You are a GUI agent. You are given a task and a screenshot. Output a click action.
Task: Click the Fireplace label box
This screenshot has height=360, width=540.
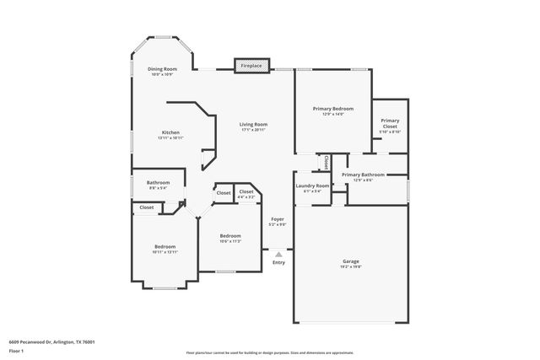(252, 66)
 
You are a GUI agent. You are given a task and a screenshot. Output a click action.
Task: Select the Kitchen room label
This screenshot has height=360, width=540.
(170, 133)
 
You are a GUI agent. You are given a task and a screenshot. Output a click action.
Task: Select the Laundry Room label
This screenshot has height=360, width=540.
(311, 186)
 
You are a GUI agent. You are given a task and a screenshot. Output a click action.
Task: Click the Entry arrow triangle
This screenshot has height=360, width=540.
(278, 253)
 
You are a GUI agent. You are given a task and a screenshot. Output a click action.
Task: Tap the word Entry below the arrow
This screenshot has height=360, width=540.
(278, 262)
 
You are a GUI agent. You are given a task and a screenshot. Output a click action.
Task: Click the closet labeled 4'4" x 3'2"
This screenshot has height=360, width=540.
(246, 193)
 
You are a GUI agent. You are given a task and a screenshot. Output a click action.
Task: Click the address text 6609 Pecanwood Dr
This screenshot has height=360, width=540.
(51, 341)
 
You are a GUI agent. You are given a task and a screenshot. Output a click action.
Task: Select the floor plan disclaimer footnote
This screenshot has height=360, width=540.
(270, 353)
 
